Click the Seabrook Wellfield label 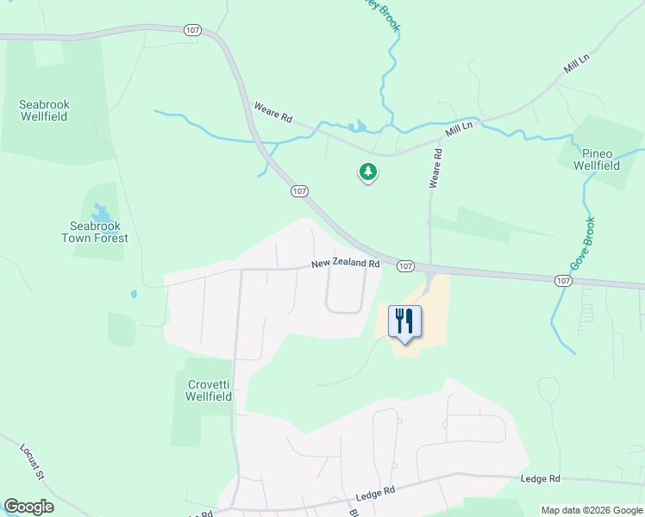pos(44,111)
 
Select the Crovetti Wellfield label pos(210,391)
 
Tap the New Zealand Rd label pos(345,263)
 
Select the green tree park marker pos(368,172)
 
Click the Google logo pos(28,507)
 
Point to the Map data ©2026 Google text pos(592,510)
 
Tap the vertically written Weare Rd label pos(437,169)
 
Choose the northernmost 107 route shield pos(191,30)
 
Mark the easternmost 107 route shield pos(562,281)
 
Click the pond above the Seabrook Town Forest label pos(102,212)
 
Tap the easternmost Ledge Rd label pos(541,478)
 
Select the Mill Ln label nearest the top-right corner pos(576,63)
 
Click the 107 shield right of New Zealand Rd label pos(405,266)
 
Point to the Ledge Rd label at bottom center pos(375,494)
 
